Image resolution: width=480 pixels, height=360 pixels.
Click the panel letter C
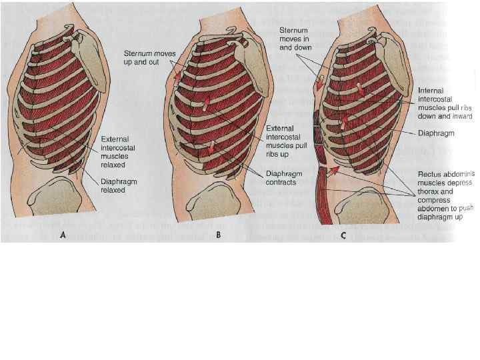(343, 235)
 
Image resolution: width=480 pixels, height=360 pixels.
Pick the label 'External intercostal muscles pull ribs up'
(286, 141)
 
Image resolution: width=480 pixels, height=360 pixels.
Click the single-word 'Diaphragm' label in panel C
(436, 132)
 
